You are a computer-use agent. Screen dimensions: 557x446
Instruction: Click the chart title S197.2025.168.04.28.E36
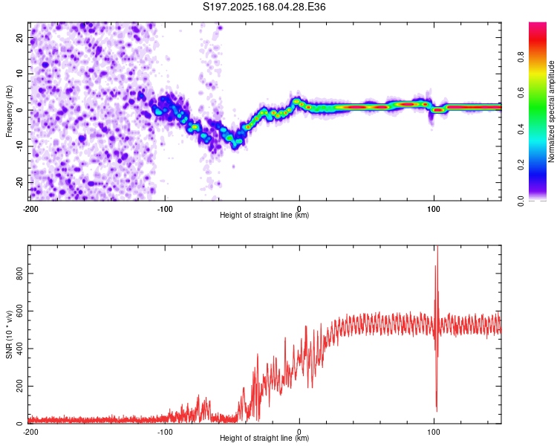(x=264, y=7)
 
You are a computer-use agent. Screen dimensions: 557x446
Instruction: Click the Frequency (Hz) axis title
(x=9, y=111)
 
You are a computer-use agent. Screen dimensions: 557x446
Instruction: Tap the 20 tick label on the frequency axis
(x=20, y=38)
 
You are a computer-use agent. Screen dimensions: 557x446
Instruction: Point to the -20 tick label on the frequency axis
(x=20, y=181)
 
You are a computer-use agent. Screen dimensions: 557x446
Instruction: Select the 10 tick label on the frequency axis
(x=20, y=74)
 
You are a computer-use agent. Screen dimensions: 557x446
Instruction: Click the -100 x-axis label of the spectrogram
(x=165, y=209)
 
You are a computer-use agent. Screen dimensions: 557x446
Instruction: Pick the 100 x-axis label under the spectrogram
(x=434, y=209)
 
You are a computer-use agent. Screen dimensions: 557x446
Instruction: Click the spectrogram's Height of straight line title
(x=264, y=215)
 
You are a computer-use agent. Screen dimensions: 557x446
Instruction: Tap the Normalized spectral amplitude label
(x=551, y=111)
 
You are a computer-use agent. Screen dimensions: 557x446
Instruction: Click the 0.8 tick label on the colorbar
(x=521, y=57)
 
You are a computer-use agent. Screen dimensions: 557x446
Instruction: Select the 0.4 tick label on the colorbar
(x=521, y=129)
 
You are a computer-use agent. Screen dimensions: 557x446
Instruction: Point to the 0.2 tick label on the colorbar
(x=521, y=165)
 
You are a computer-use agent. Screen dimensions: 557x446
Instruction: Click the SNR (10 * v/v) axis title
(x=10, y=334)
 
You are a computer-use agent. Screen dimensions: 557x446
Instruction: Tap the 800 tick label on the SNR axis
(x=20, y=273)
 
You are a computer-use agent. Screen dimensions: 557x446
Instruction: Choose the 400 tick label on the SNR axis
(x=20, y=348)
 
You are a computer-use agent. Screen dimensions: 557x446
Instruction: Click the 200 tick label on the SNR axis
(x=20, y=386)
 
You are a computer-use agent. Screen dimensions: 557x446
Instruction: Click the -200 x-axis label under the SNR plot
(x=30, y=432)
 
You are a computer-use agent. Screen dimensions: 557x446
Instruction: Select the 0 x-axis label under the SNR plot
(x=299, y=432)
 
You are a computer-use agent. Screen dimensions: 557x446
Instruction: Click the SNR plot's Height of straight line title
(x=264, y=438)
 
